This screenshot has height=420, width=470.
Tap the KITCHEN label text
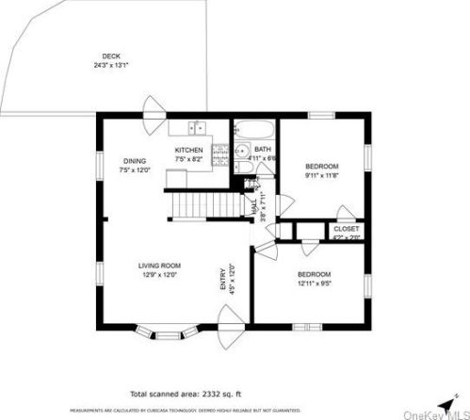188,150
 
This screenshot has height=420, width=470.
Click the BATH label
262,148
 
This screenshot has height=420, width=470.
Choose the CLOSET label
346,229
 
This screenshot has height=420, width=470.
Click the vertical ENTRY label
223,280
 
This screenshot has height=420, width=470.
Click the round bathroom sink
242,150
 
